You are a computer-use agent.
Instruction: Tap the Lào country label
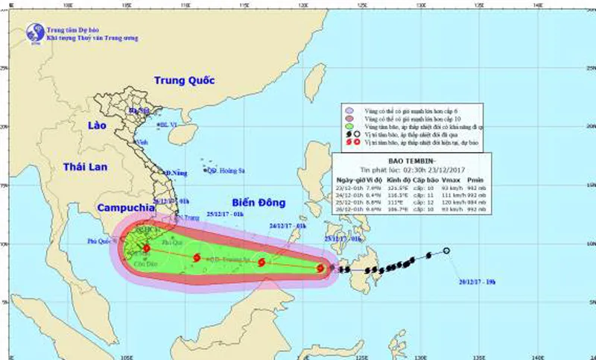pyautogui.click(x=98, y=125)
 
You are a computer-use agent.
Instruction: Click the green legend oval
pyautogui.click(x=349, y=127)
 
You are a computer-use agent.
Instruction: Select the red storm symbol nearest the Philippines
pyautogui.click(x=320, y=268)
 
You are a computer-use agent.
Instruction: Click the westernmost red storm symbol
pyautogui.click(x=146, y=249)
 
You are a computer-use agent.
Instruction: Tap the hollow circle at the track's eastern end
pyautogui.click(x=446, y=251)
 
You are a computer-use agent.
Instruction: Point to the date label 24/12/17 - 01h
pyautogui.click(x=288, y=224)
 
